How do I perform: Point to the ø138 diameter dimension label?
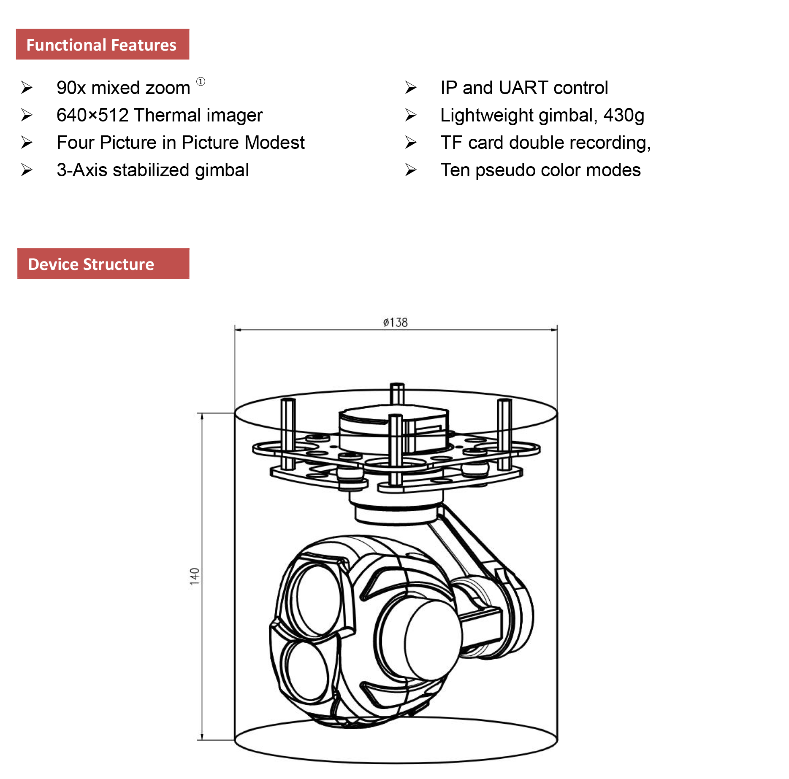pos(395,323)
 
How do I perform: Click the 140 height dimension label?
pos(194,576)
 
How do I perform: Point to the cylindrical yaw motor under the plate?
pos(396,510)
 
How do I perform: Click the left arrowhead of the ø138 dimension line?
pos(238,330)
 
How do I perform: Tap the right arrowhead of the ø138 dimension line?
pos(554,330)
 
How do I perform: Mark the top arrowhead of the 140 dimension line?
pos(202,416)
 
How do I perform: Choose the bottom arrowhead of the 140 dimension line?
pos(202,737)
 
